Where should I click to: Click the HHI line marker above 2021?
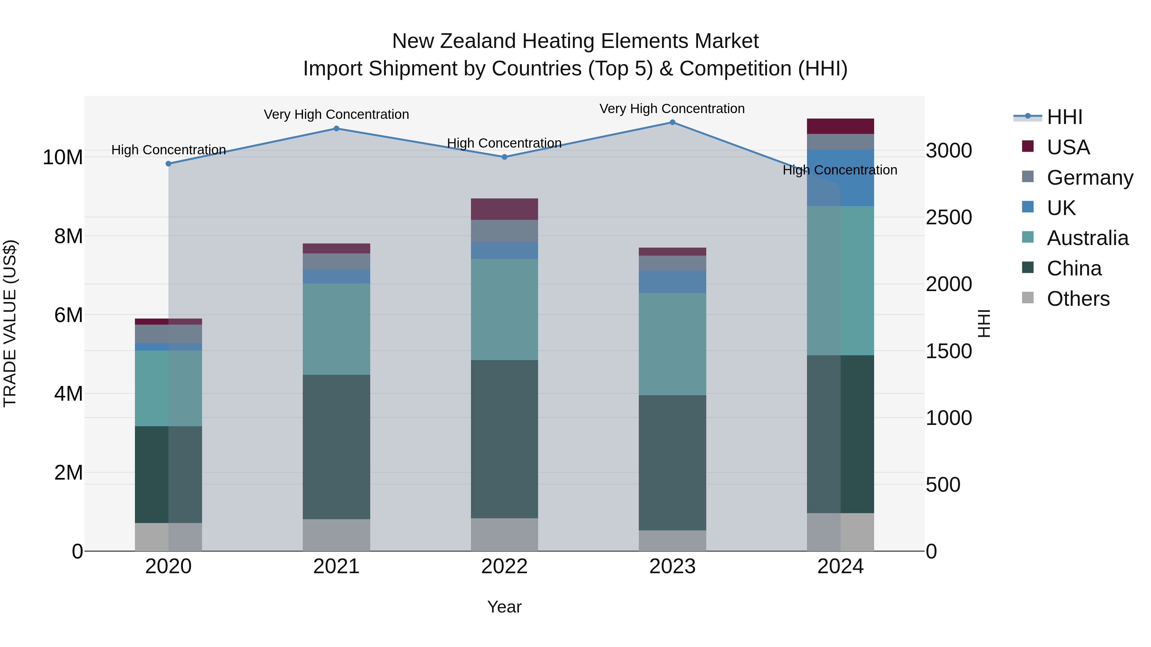click(336, 128)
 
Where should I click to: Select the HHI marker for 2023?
click(672, 122)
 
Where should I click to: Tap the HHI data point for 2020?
click(168, 164)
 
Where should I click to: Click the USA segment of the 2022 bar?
click(505, 209)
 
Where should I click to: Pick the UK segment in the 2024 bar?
click(841, 178)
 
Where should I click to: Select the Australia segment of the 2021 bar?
click(336, 329)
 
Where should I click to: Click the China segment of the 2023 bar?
click(672, 463)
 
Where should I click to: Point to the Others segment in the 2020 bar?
click(168, 537)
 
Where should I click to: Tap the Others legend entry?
click(1078, 299)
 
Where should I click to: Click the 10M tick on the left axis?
click(63, 158)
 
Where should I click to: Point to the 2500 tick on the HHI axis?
click(949, 218)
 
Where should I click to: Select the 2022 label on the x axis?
click(505, 566)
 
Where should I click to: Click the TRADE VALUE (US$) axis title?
click(10, 323)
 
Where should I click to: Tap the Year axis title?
click(505, 607)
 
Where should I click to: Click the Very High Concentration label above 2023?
click(672, 109)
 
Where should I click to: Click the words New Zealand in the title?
click(454, 41)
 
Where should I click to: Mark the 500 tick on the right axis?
click(943, 485)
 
